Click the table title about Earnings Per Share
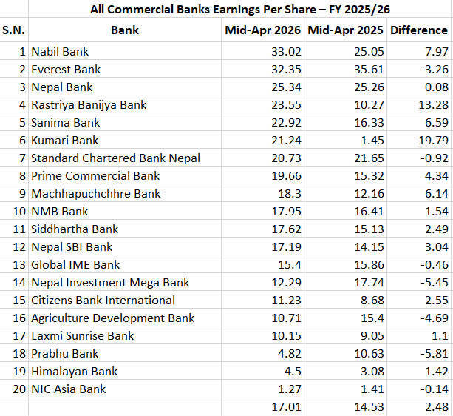point(227,10)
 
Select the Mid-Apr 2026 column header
point(262,30)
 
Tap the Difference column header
point(419,30)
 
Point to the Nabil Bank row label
point(61,52)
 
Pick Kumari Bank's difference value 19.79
point(433,141)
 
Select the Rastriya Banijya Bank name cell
point(89,105)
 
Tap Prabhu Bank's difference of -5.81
point(433,354)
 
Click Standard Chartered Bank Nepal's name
point(115,158)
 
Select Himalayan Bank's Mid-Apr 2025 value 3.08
point(369,372)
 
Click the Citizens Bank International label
point(103,301)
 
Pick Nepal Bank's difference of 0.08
point(436,87)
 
